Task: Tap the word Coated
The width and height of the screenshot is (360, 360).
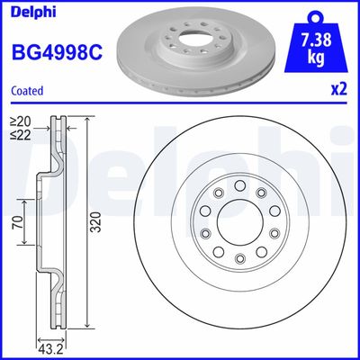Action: coord(28,90)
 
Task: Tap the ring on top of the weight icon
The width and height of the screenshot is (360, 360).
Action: coord(314,15)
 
